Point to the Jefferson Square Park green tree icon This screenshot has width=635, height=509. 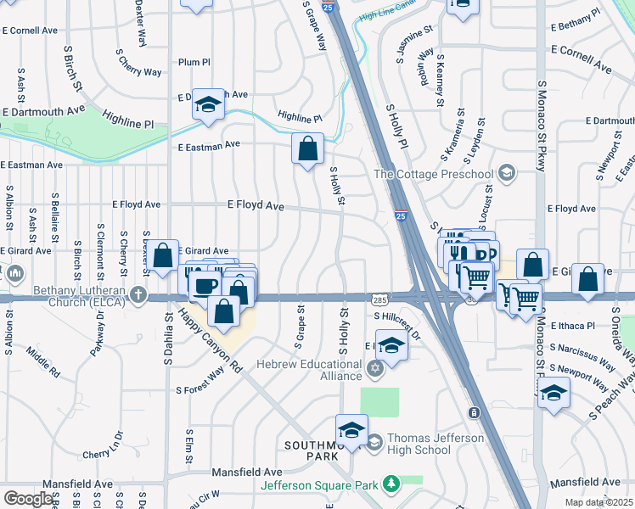pyautogui.click(x=391, y=484)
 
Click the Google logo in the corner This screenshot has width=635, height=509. pyautogui.click(x=28, y=498)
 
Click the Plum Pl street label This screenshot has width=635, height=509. pyautogui.click(x=194, y=62)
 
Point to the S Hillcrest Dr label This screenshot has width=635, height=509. pyautogui.click(x=397, y=324)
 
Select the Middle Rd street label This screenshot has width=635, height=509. pyautogui.click(x=42, y=363)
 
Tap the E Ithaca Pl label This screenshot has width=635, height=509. pyautogui.click(x=575, y=326)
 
